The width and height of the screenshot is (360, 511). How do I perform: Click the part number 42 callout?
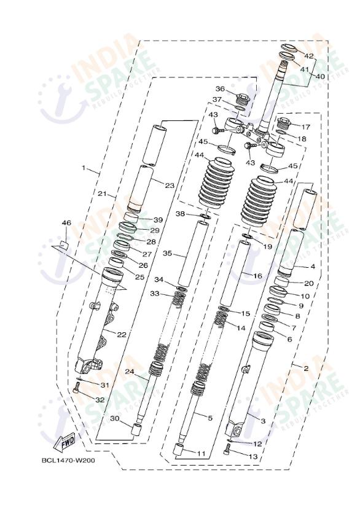309,57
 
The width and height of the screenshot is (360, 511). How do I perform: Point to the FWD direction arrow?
65,442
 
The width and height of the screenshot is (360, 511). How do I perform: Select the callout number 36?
220,88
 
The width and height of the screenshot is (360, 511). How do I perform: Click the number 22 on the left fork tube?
122,334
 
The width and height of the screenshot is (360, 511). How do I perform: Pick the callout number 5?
210,418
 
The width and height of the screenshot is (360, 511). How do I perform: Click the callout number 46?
66,222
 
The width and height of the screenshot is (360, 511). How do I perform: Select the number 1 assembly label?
84,167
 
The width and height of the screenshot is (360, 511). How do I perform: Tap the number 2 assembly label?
306,368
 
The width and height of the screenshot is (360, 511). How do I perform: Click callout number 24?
130,372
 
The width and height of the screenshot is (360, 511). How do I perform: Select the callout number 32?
100,399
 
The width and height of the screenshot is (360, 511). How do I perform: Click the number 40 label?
320,77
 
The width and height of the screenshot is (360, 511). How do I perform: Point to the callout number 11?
202,453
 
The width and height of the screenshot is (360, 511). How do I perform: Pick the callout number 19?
268,246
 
